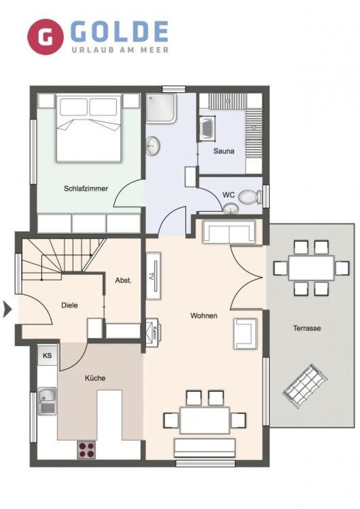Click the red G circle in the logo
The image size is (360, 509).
click(45, 37)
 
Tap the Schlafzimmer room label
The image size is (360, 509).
click(86, 188)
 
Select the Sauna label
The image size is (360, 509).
click(224, 151)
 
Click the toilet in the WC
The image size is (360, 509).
click(250, 197)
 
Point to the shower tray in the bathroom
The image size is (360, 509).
click(161, 108)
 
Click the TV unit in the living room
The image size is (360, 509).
click(154, 276)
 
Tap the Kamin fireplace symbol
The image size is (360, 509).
click(154, 333)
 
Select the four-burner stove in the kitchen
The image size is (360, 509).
click(86, 449)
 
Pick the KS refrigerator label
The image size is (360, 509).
click(47, 356)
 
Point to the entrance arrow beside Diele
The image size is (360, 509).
click(7, 309)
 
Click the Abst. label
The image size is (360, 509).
click(124, 280)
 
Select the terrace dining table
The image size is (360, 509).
click(311, 268)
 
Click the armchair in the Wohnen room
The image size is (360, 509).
click(245, 334)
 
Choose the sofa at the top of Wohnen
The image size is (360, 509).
click(229, 231)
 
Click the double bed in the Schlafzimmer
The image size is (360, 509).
click(89, 128)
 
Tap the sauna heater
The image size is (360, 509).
click(207, 128)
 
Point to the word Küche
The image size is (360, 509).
click(95, 378)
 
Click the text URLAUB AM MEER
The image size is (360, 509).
click(120, 50)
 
